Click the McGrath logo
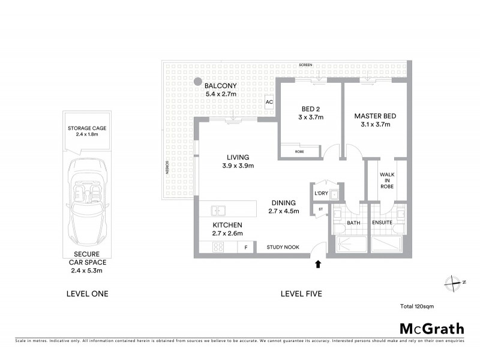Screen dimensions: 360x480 [x=431, y=328]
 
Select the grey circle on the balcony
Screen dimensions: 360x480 [x=196, y=82]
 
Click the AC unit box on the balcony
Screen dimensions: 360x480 [x=269, y=102]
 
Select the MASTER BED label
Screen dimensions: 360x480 [x=375, y=116]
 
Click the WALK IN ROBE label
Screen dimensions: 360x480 [x=386, y=180]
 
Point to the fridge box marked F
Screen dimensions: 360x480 [x=245, y=247]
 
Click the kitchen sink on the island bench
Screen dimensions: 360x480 [x=218, y=210]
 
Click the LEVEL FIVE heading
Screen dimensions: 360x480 [x=301, y=294]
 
